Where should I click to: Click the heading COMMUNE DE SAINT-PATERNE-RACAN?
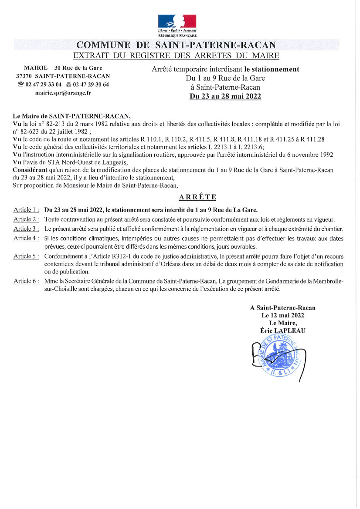[x=176, y=45]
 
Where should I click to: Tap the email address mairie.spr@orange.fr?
[x=63, y=93]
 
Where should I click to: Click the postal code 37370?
[x=24, y=76]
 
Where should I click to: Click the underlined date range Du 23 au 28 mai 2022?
[x=225, y=96]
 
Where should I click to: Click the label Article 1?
[x=26, y=209]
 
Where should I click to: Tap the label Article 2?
[x=26, y=219]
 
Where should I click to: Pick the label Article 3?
[x=26, y=229]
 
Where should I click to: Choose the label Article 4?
[x=26, y=238]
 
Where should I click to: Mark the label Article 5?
[x=26, y=256]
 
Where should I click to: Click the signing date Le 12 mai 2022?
[x=282, y=315]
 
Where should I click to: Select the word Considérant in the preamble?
[x=29, y=169]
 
